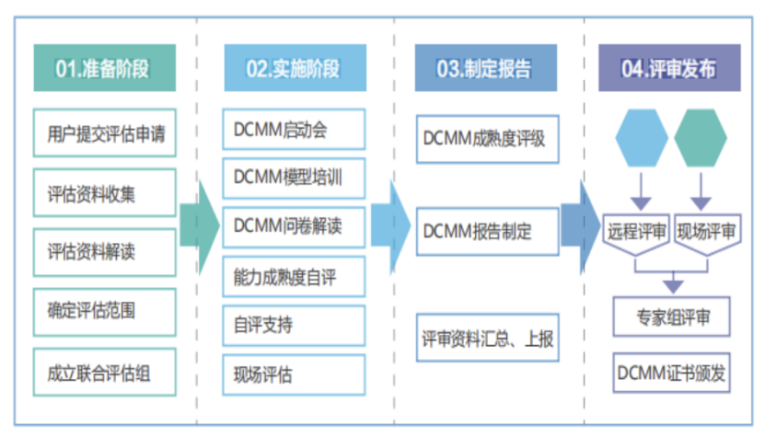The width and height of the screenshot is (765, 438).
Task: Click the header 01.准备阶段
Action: [103, 68]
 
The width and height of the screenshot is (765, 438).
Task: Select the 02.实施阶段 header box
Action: [294, 68]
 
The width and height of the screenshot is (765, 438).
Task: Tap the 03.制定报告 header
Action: [484, 68]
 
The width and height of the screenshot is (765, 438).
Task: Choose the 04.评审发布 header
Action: [669, 68]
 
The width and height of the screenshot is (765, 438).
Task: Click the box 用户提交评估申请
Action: [104, 133]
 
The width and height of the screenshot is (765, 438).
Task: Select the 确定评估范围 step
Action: [104, 309]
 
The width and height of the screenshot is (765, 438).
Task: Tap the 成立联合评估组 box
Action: [104, 373]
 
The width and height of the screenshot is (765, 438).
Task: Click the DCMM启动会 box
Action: [294, 130]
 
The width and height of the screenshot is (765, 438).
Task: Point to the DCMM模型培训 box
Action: [294, 177]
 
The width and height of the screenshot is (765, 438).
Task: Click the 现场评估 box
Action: [294, 375]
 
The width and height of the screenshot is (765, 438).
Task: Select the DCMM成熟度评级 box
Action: [485, 139]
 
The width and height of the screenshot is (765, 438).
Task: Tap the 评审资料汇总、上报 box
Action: [485, 339]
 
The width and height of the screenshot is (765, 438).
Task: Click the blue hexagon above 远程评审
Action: [642, 138]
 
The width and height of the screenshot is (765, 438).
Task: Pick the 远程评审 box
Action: [637, 231]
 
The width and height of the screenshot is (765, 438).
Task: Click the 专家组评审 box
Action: [672, 318]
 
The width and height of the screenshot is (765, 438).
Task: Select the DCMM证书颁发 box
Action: [672, 373]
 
